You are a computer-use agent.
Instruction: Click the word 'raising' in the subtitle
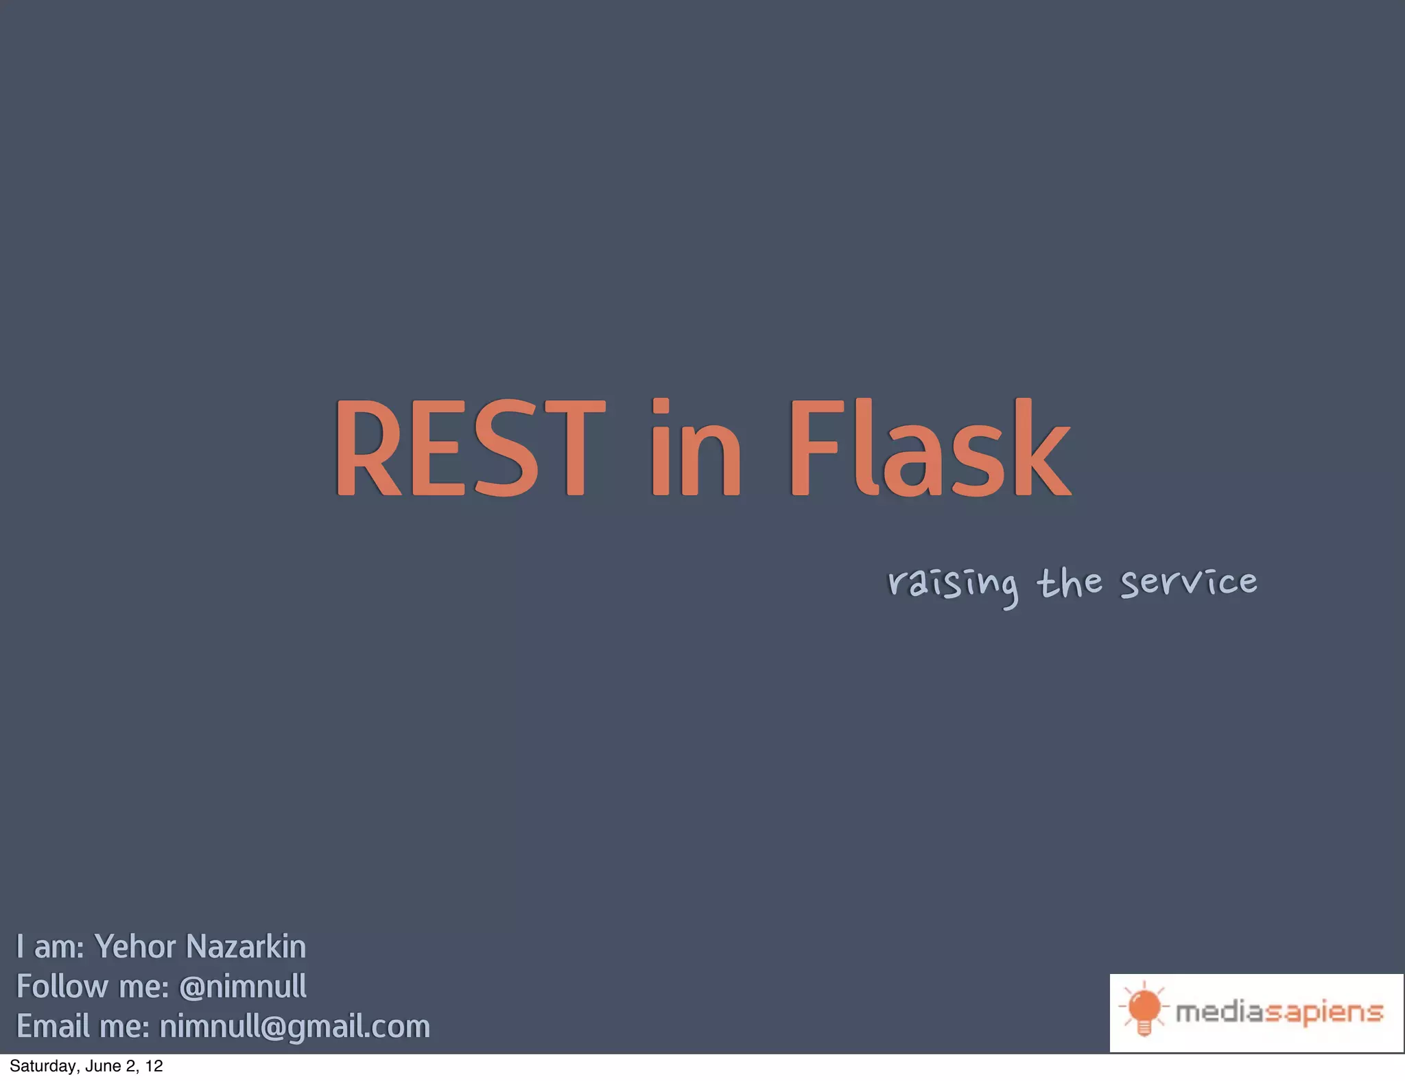(953, 584)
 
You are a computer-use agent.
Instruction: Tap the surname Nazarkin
(246, 947)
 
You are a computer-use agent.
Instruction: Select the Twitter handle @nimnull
(242, 986)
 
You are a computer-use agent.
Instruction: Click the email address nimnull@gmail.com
(295, 1027)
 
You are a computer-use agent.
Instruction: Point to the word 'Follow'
(62, 986)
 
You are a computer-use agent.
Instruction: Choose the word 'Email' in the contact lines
(53, 1027)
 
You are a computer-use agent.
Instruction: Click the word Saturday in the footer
(42, 1066)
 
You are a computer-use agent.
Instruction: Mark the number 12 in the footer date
(154, 1066)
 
